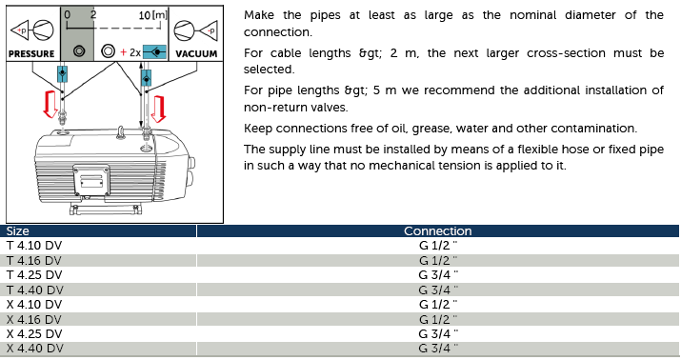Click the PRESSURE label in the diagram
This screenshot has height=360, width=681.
point(31,54)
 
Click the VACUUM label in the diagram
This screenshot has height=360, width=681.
point(196,54)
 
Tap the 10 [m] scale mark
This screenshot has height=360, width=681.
point(152,15)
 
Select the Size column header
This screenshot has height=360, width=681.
point(18,231)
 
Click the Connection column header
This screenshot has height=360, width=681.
point(438,231)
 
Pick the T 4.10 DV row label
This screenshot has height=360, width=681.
point(34,246)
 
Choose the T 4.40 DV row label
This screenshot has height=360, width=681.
point(34,290)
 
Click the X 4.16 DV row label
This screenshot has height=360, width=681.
point(34,319)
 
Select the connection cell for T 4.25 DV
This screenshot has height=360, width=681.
point(438,275)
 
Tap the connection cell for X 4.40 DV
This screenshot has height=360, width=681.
point(438,349)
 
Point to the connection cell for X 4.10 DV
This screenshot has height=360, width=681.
point(438,305)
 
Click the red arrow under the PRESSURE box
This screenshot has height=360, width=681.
point(50,104)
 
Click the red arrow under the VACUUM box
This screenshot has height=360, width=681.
point(158,109)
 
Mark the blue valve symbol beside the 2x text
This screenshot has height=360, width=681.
point(154,52)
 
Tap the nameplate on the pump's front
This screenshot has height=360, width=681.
point(91,180)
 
